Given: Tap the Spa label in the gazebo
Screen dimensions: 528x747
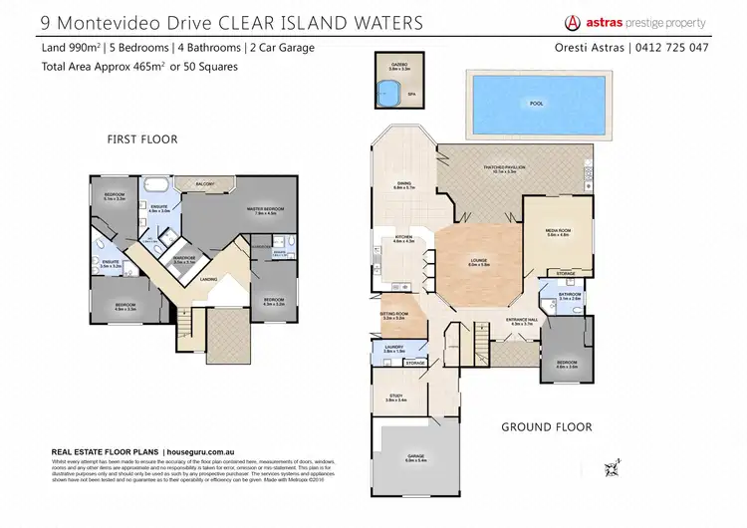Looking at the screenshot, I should tap(410, 95).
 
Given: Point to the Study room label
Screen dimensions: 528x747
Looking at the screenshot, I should tap(395, 396).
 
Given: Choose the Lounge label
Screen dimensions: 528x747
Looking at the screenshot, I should tap(479, 262).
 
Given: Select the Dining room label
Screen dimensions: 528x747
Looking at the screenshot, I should tap(403, 184).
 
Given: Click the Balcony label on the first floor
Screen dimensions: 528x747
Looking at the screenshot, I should tap(204, 184).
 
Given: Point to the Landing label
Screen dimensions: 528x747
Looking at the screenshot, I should tap(208, 279).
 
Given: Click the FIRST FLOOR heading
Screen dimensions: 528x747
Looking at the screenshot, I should tap(142, 139).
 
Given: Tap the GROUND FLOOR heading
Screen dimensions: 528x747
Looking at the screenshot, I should tap(547, 427).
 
